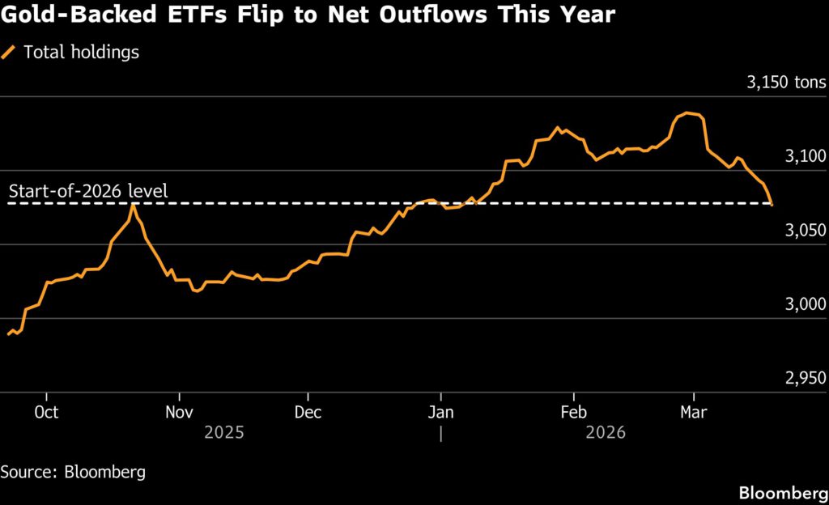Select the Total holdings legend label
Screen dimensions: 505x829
pos(81,53)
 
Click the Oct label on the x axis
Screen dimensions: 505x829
pos(46,412)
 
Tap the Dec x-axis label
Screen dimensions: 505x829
pos(308,412)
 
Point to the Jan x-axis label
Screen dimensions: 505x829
pos(441,412)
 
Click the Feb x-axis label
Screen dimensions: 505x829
pos(573,412)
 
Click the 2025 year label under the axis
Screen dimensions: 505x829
pos(223,433)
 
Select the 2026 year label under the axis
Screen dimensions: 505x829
pos(605,433)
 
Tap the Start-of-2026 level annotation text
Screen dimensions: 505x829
pos(88,193)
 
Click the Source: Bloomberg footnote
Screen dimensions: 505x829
pos(74,471)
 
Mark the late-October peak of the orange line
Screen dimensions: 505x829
pos(133,204)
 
